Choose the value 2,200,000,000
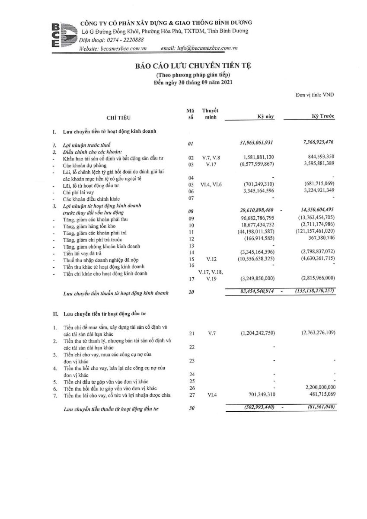coord(318,388)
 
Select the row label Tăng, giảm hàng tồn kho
coord(87,226)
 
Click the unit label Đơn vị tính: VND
coord(315,94)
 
